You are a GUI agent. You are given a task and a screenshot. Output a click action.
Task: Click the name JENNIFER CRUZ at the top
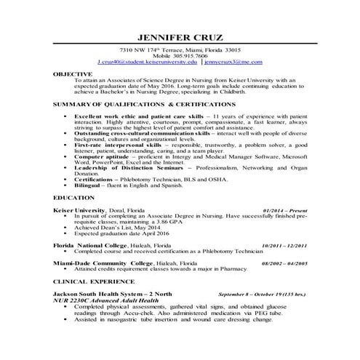pos(180,38)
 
